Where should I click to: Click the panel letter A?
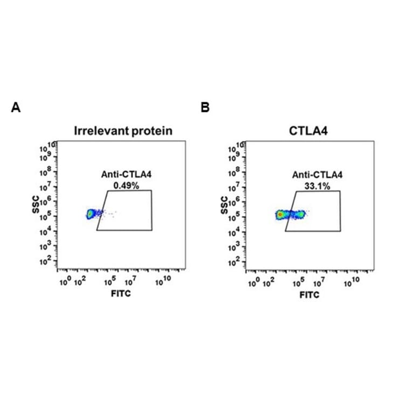pyautogui.click(x=16, y=108)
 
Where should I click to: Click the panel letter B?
pyautogui.click(x=205, y=108)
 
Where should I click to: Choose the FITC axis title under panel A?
pyautogui.click(x=120, y=294)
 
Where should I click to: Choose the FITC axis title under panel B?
pyautogui.click(x=309, y=294)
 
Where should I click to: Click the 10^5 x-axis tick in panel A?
pyautogui.click(x=110, y=281)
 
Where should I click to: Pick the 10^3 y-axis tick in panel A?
pyautogui.click(x=48, y=246)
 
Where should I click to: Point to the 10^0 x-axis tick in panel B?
pyautogui.click(x=255, y=281)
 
